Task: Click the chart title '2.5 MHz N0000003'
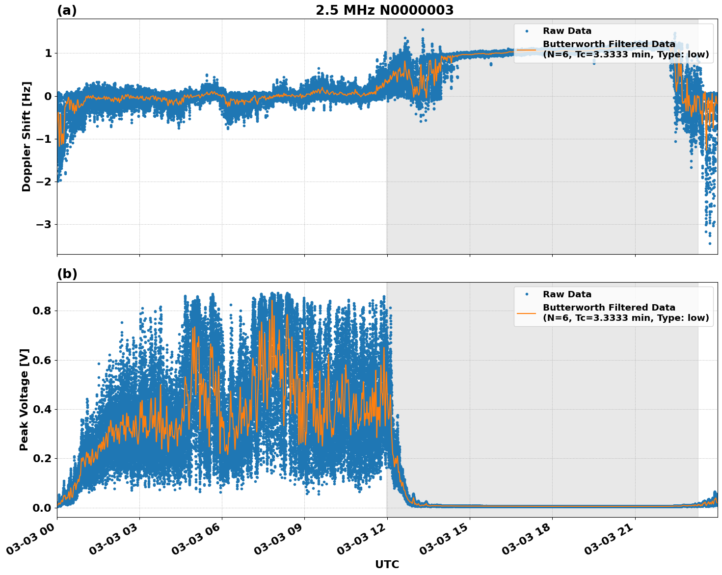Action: click(x=384, y=10)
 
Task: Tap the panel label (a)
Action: click(x=67, y=10)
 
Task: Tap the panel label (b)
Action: click(x=67, y=274)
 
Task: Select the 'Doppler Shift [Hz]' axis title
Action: click(x=27, y=136)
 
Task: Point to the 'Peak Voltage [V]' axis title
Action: click(x=24, y=399)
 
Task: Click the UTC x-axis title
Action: click(x=387, y=564)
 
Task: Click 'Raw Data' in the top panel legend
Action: click(x=567, y=31)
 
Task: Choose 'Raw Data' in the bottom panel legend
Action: click(x=567, y=294)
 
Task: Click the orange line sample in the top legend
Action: click(x=527, y=49)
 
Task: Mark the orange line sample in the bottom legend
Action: click(x=527, y=313)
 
